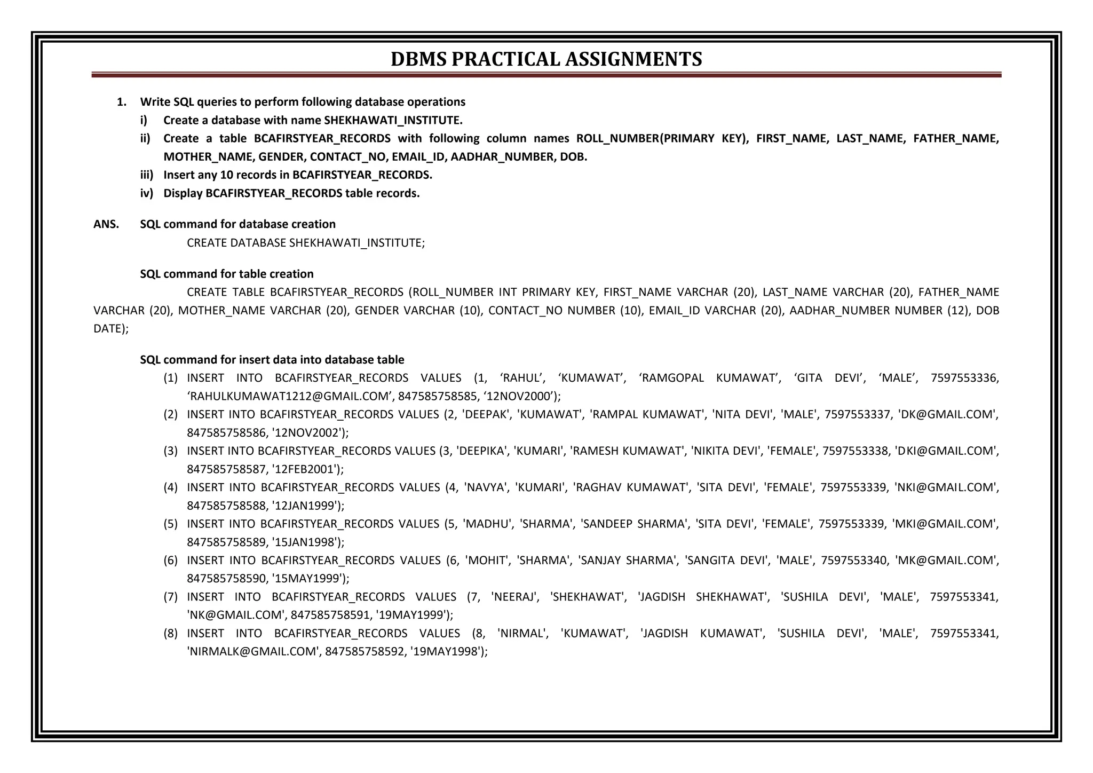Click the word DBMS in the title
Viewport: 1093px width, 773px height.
(x=418, y=59)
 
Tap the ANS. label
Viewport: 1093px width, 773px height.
(x=106, y=224)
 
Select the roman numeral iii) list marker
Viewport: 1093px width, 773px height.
(x=146, y=175)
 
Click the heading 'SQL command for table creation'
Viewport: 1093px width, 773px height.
(x=227, y=274)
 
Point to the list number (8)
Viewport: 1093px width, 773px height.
(x=170, y=634)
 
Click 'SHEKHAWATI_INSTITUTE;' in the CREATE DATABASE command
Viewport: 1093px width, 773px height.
(x=357, y=243)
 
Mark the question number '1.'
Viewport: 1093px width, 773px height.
(x=122, y=102)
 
